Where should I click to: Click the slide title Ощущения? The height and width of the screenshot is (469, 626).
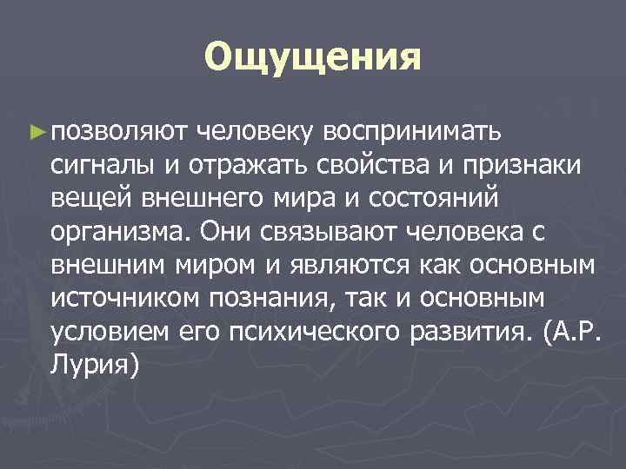click(313, 58)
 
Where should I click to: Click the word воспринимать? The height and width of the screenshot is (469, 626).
click(410, 132)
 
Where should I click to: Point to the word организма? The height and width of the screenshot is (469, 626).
click(121, 233)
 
